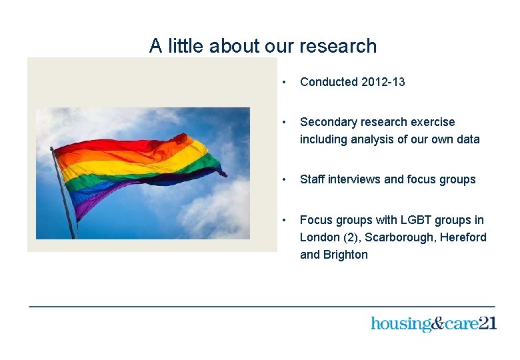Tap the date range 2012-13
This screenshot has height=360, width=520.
pyautogui.click(x=383, y=82)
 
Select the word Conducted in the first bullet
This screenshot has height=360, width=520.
pyautogui.click(x=329, y=82)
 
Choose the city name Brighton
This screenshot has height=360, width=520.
pyautogui.click(x=345, y=255)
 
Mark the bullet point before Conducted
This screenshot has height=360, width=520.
pyautogui.click(x=285, y=83)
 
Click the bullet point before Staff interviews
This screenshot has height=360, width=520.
pyautogui.click(x=285, y=180)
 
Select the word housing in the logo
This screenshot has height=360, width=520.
pyautogui.click(x=401, y=325)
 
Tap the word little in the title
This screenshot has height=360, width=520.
pyautogui.click(x=186, y=46)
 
